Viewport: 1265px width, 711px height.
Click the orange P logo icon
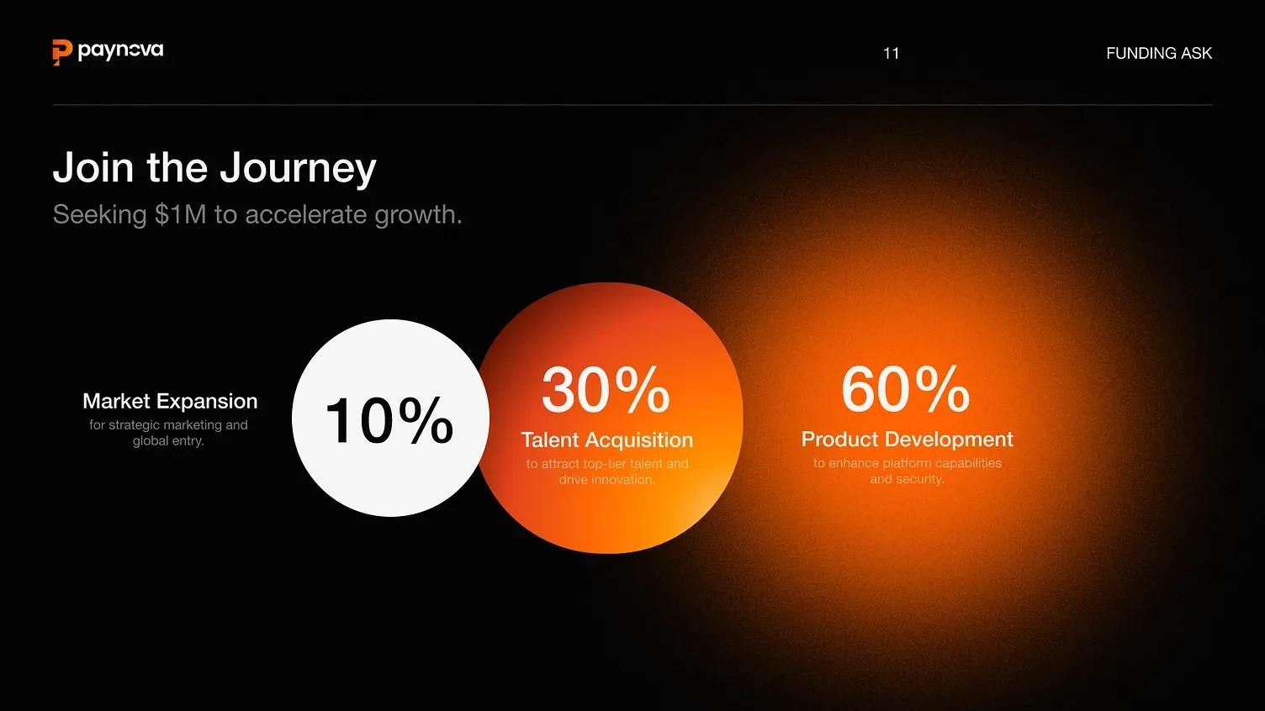tap(62, 52)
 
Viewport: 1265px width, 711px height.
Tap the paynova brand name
tap(120, 51)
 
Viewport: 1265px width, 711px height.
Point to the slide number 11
tap(892, 54)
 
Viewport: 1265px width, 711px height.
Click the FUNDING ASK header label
tap(1159, 53)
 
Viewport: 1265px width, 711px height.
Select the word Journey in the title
tap(298, 169)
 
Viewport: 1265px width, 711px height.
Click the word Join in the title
tap(93, 167)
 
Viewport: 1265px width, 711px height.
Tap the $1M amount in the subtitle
tap(181, 214)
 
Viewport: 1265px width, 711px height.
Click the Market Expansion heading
tap(170, 401)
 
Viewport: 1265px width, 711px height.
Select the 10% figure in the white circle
tap(389, 420)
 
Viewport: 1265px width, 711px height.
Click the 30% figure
tap(606, 390)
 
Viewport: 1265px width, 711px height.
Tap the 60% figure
tap(905, 389)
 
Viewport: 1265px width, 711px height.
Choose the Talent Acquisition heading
tap(607, 440)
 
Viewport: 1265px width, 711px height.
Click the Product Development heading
tap(907, 439)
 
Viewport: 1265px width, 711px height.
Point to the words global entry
tap(168, 440)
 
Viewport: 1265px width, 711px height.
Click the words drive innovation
tap(607, 480)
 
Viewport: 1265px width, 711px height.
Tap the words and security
tap(907, 479)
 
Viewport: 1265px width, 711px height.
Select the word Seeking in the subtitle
tap(99, 215)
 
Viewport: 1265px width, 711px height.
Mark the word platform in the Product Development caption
tap(907, 463)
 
